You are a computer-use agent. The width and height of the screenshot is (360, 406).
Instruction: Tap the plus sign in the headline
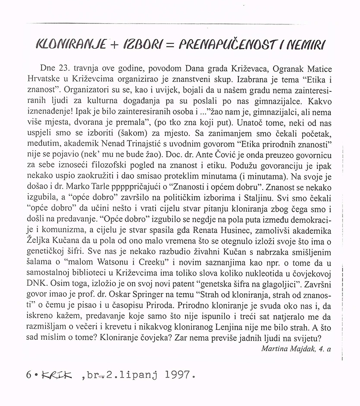[111, 43]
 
